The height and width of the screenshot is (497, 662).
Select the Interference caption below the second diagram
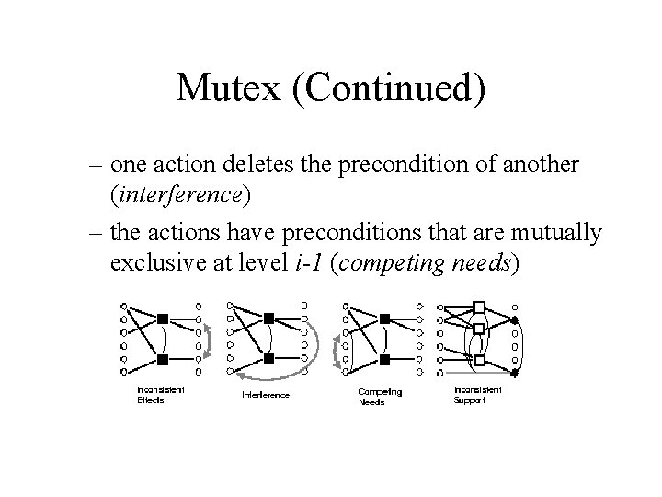(266, 395)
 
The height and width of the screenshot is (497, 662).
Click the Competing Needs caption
(379, 397)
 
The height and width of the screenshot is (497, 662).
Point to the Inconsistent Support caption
(477, 395)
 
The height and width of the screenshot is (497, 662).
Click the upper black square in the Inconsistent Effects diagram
(162, 318)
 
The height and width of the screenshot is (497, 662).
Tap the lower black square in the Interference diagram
(270, 357)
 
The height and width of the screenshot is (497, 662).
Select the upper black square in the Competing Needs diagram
(384, 318)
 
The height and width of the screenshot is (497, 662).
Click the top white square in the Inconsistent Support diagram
(479, 307)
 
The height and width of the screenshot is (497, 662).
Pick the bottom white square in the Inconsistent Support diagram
(479, 350)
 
